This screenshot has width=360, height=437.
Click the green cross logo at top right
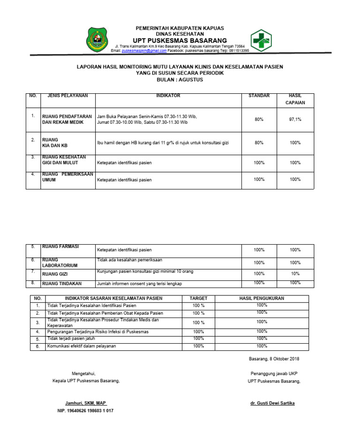tap(262, 40)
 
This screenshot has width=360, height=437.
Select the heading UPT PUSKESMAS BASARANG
tap(180, 40)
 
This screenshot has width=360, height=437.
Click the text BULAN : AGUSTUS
tap(180, 80)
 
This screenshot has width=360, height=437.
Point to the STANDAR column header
tap(259, 96)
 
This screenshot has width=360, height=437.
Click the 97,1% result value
tap(295, 120)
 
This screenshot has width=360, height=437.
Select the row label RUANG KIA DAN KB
tap(55, 143)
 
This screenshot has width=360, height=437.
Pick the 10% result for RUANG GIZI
tap(295, 273)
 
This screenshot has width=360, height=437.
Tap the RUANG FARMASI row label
tap(60, 247)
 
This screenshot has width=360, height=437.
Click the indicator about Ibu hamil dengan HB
tap(163, 143)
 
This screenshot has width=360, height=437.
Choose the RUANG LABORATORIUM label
tap(60, 262)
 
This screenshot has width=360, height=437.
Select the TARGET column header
tap(198, 298)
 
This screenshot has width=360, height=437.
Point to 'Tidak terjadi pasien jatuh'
tap(72, 339)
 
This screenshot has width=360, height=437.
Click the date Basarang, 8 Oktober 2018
tap(273, 359)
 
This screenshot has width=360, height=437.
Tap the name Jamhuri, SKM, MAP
tap(86, 403)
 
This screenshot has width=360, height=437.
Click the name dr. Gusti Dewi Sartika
tap(273, 403)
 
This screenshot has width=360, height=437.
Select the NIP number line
tap(85, 411)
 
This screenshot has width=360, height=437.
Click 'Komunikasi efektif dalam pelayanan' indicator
tap(81, 346)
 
